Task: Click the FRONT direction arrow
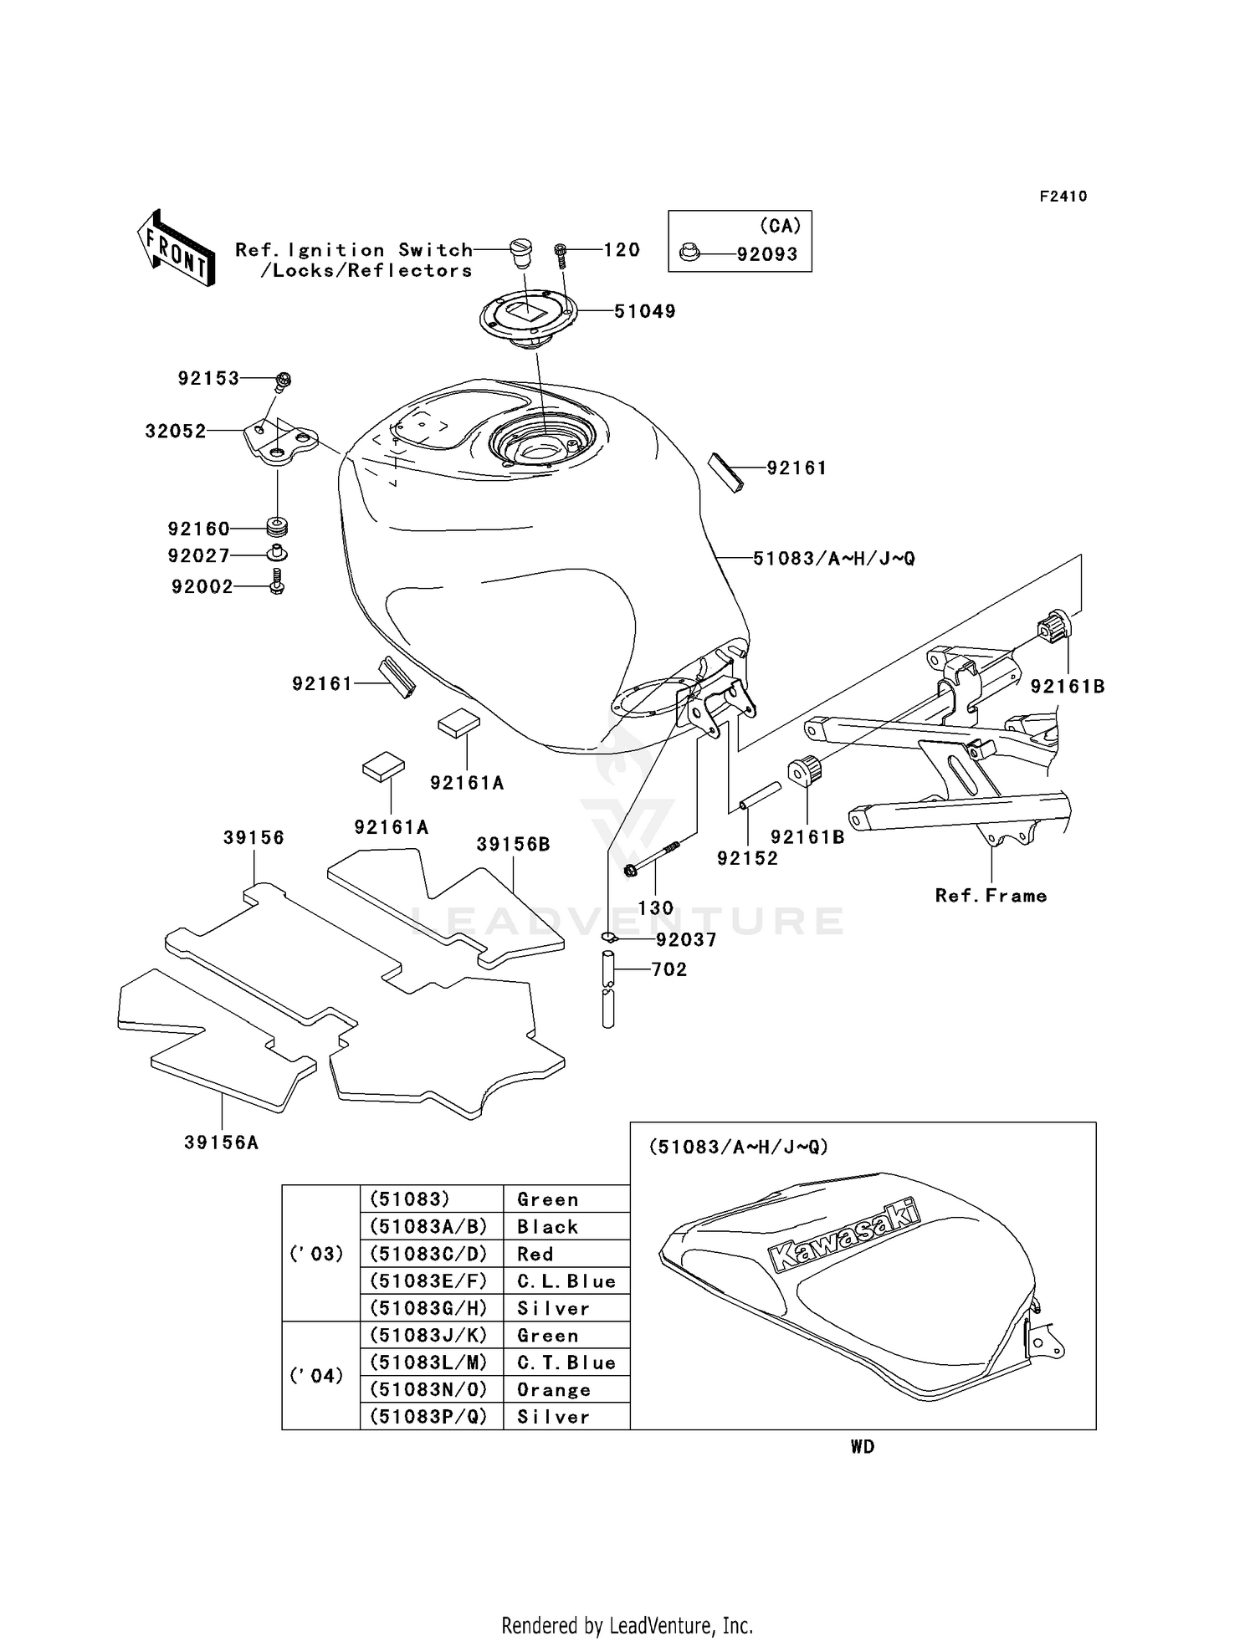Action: coord(176,248)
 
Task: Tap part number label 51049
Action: coord(644,311)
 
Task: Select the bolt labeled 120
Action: coord(561,254)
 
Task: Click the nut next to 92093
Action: coord(689,252)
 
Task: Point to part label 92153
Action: coord(208,378)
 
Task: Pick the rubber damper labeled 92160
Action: coord(277,528)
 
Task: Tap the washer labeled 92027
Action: coord(277,554)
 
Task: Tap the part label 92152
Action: coord(747,858)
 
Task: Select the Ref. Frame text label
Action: coord(991,896)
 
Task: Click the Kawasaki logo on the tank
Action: coord(843,1235)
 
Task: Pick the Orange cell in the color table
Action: coord(566,1389)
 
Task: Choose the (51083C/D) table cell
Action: coord(432,1254)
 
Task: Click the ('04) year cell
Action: coord(321,1375)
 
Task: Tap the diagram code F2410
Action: coord(1063,197)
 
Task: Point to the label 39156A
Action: coord(222,1143)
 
